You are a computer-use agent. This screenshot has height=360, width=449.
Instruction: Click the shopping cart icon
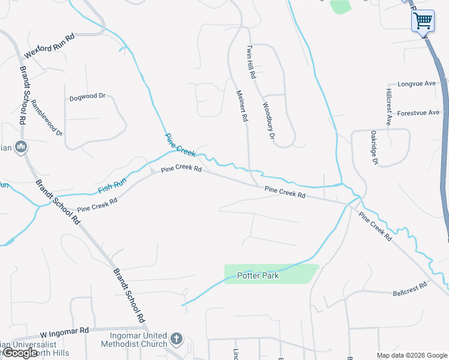[x=423, y=20]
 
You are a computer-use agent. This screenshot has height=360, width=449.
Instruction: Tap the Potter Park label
[x=259, y=276]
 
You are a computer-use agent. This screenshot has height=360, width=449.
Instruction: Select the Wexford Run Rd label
[x=49, y=47]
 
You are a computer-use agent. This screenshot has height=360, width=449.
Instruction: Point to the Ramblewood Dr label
[x=47, y=118]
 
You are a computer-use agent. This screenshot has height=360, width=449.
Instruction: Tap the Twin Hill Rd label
[x=252, y=62]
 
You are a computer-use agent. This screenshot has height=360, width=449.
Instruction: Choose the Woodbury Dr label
[x=268, y=121]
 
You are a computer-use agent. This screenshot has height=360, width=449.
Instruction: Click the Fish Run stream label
[x=112, y=185]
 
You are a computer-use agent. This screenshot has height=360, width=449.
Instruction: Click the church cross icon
[x=176, y=339]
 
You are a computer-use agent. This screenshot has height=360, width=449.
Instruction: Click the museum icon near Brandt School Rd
[x=21, y=146]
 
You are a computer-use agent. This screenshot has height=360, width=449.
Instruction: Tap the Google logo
[x=20, y=353]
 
